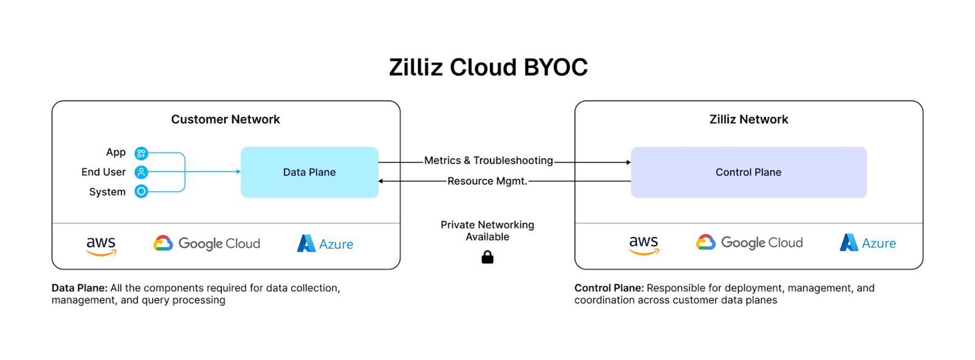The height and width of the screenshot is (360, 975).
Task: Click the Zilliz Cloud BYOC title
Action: [x=488, y=67]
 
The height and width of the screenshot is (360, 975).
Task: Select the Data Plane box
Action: [x=310, y=172]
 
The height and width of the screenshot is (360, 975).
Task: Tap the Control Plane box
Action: [x=748, y=172]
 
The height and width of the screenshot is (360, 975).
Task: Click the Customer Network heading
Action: [x=225, y=119]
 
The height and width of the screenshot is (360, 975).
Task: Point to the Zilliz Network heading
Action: [x=748, y=119]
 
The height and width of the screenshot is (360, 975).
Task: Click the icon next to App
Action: [x=141, y=153]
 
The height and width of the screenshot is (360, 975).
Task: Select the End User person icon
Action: [x=141, y=172]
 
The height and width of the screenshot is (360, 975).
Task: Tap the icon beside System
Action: [x=141, y=191]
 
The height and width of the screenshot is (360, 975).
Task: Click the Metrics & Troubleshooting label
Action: [x=488, y=161]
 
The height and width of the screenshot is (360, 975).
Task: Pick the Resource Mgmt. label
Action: [x=487, y=181]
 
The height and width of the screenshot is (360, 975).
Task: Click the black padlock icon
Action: [x=487, y=258]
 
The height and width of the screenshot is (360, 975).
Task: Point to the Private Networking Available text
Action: [x=487, y=231]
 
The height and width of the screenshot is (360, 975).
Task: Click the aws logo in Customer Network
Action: [x=101, y=245]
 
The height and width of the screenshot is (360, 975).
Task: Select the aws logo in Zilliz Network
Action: [x=643, y=244]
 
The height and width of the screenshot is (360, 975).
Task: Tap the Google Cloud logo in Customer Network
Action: [x=207, y=244]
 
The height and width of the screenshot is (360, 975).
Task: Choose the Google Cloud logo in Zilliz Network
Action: [x=750, y=242]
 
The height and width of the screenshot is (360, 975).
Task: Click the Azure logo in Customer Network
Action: [x=325, y=244]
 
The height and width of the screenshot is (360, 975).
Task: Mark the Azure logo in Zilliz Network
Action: [x=868, y=243]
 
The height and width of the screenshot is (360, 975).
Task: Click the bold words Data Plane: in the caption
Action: [x=80, y=288]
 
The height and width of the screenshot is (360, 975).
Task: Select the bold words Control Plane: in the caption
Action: [x=609, y=288]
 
